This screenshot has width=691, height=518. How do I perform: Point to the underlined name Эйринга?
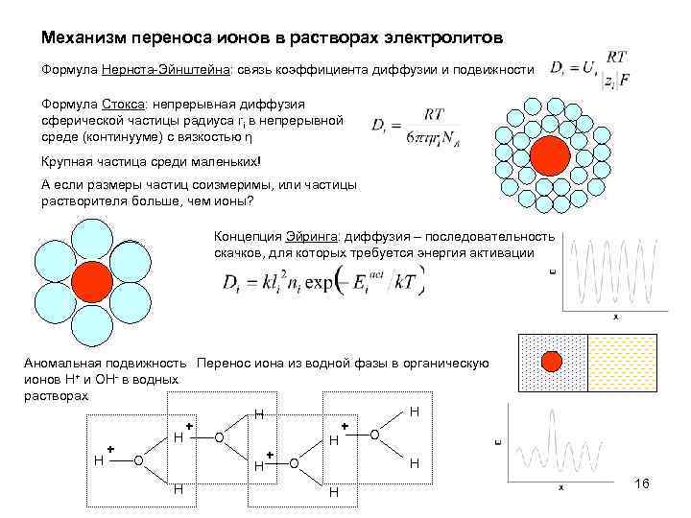(307, 237)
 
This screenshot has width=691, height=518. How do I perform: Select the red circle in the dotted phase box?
(551, 362)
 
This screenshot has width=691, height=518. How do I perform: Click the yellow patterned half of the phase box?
(621, 362)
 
